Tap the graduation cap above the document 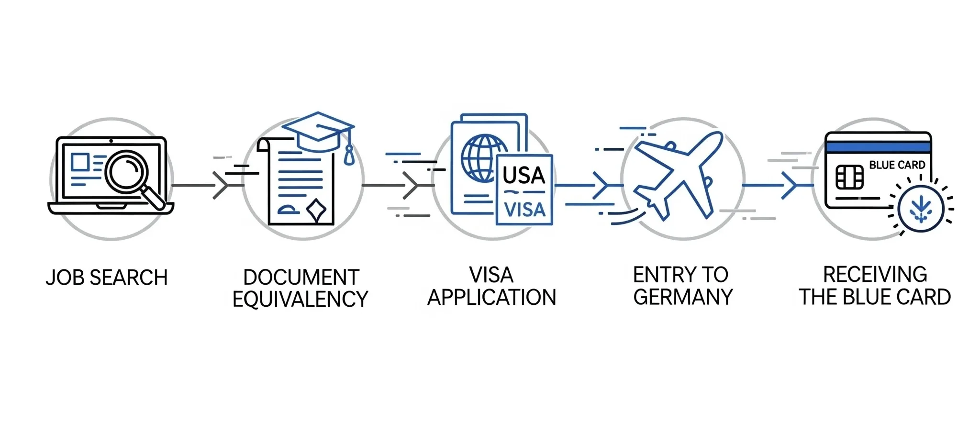318,130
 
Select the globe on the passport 482,158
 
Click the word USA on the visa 524,176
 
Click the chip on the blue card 849,178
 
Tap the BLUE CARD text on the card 897,165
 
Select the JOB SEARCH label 107,278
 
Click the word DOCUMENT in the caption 301,278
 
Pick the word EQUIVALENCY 300,300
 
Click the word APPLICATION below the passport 491,298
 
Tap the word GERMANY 683,297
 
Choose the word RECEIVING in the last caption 875,275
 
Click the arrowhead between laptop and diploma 221,185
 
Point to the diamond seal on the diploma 316,209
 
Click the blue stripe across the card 878,147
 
